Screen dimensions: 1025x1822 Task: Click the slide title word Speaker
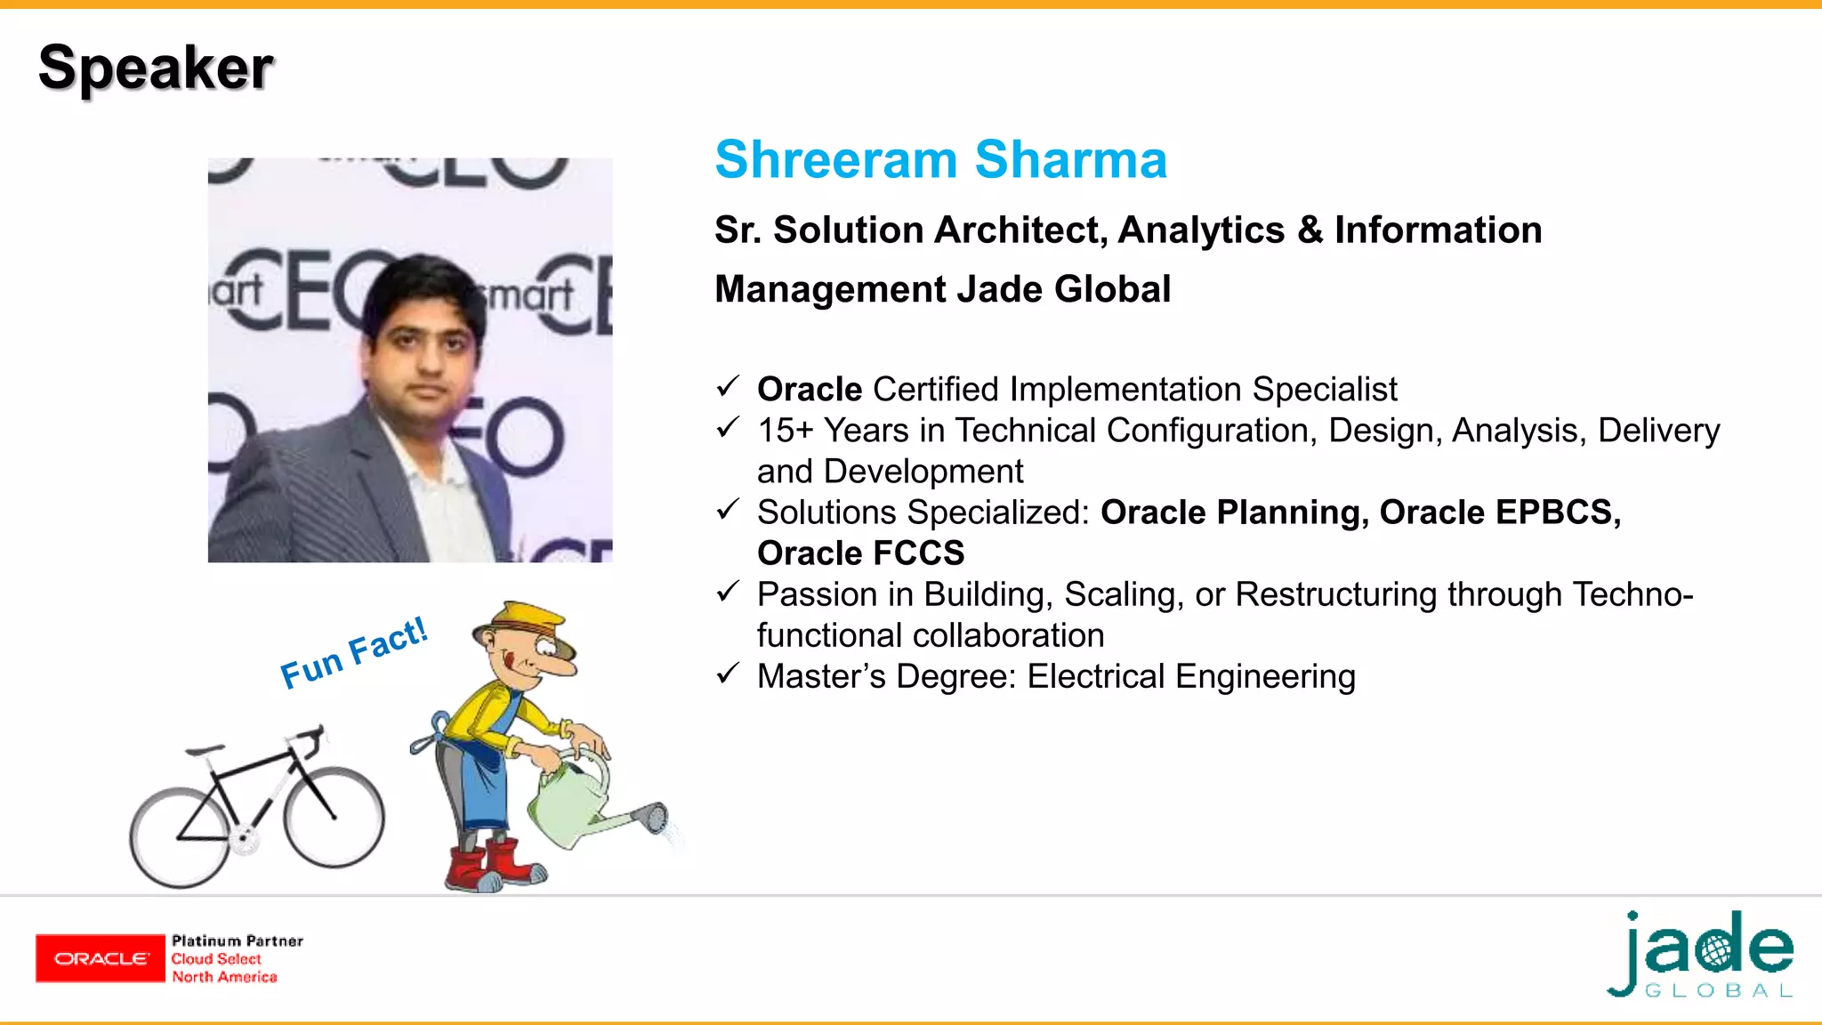click(156, 69)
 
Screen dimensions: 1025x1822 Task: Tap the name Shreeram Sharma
click(940, 160)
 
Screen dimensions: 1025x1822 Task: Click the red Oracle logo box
click(101, 958)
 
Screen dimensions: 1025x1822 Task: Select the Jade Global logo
click(1701, 955)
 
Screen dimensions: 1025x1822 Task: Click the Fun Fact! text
click(354, 653)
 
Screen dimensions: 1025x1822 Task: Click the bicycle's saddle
click(205, 751)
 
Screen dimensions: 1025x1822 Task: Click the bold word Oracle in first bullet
click(810, 390)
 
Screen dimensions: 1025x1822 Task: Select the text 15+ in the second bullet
click(785, 431)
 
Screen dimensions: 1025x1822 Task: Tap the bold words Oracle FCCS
click(860, 553)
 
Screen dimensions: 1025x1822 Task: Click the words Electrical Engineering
click(1191, 677)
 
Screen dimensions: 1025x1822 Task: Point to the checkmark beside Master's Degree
click(728, 673)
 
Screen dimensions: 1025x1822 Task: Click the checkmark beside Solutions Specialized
click(728, 509)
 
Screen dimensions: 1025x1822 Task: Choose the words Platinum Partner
click(238, 940)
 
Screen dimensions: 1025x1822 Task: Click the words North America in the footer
click(224, 977)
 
